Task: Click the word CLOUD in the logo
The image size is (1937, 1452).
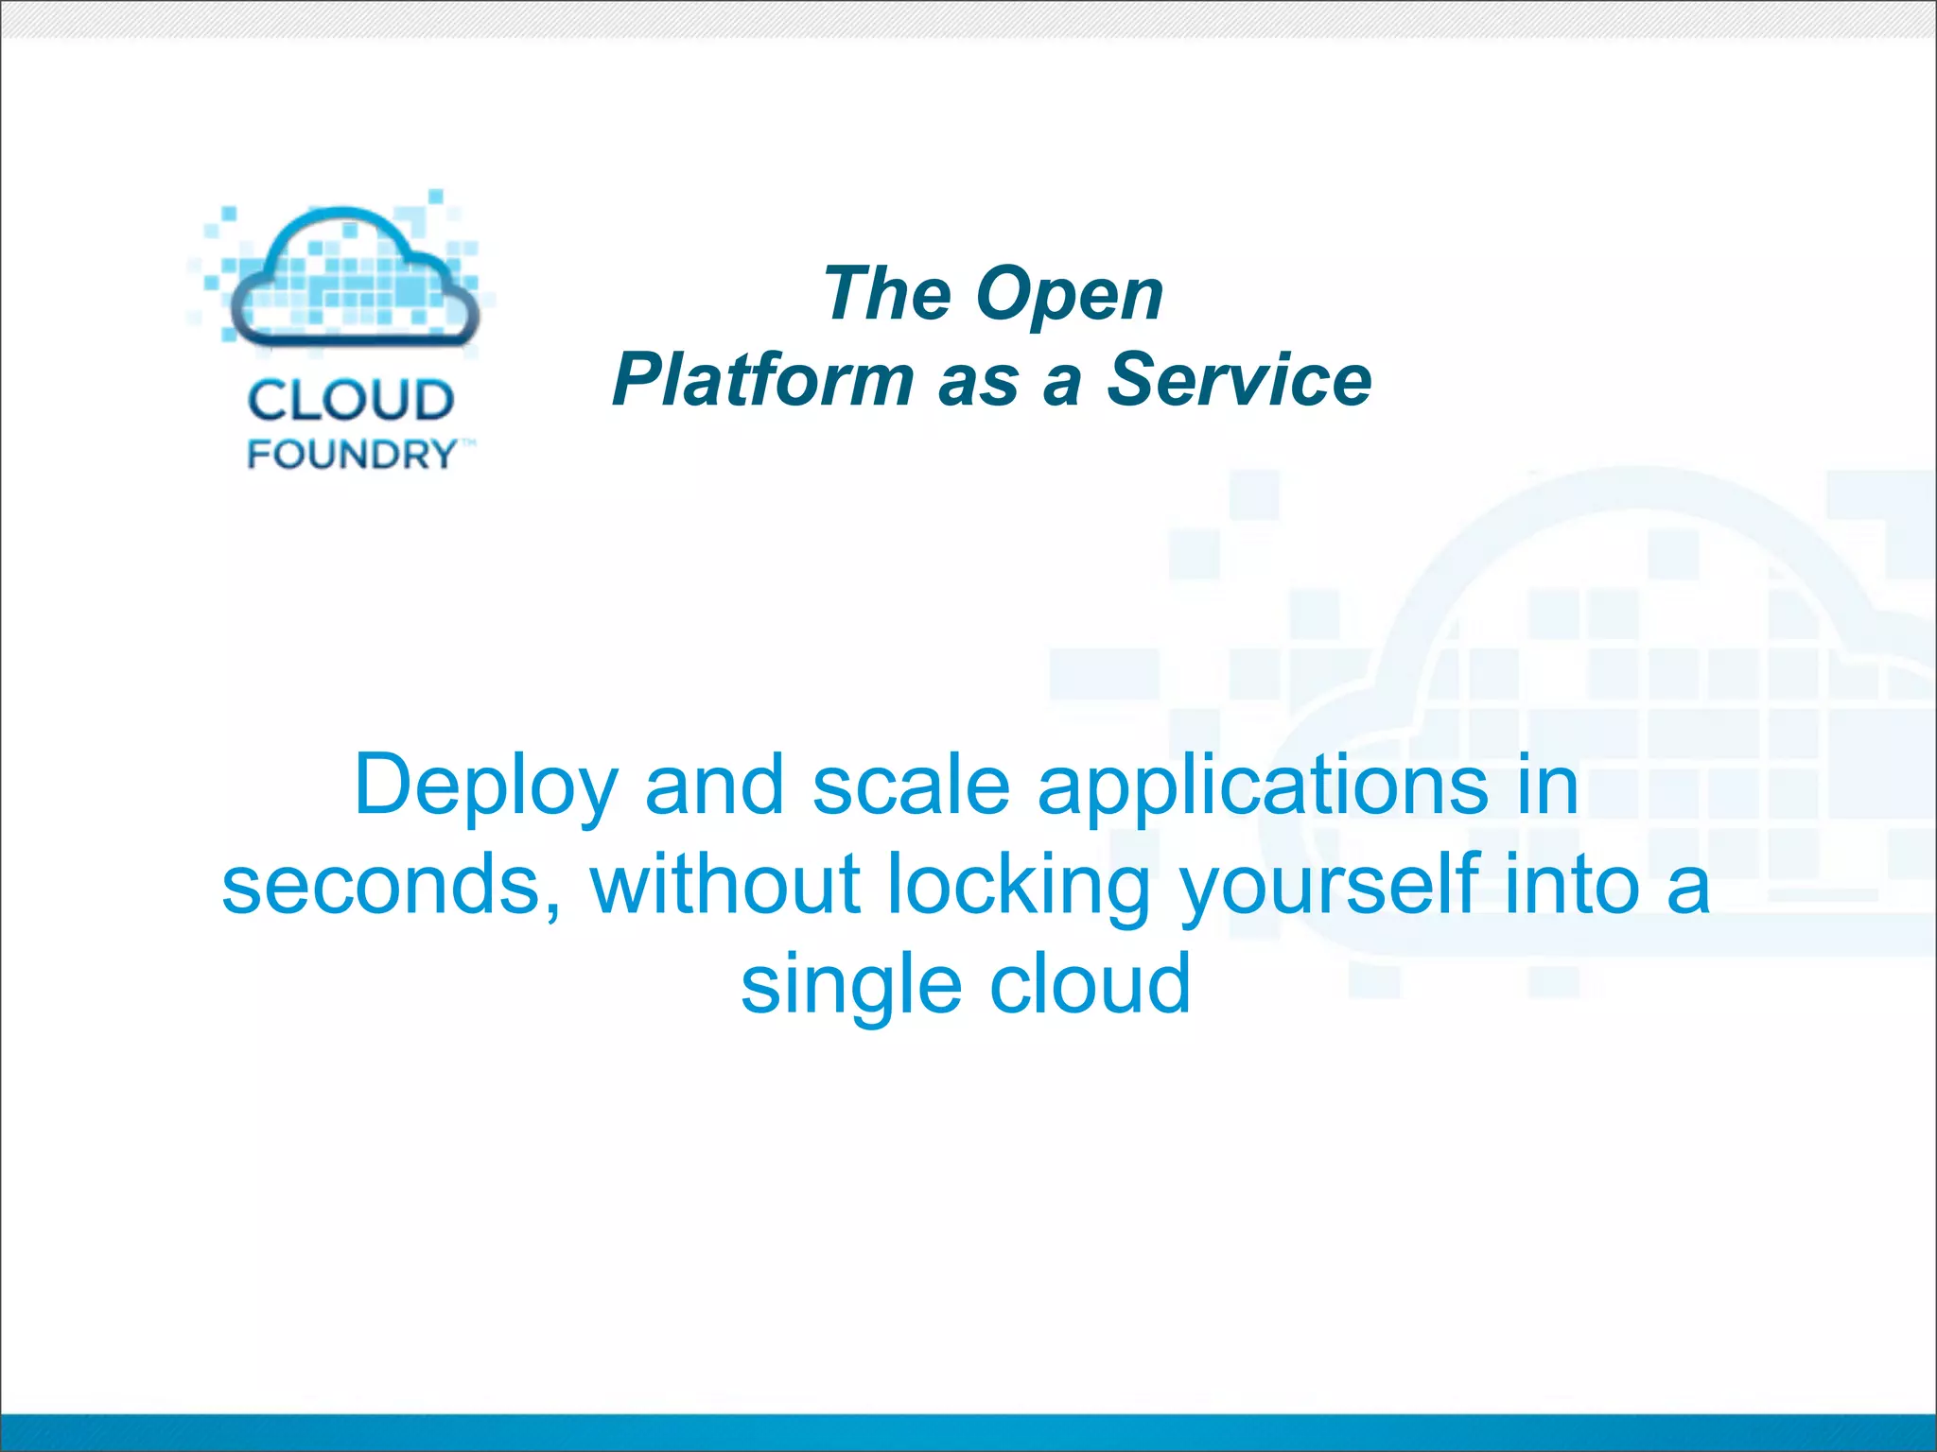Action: [351, 401]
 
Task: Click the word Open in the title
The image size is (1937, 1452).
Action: [1069, 295]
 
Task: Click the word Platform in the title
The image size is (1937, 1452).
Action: [762, 380]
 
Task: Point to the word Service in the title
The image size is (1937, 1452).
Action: [1239, 380]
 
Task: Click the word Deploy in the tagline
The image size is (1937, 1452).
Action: [486, 786]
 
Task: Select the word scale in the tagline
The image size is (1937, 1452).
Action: [911, 786]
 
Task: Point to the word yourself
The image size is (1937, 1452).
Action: [1328, 886]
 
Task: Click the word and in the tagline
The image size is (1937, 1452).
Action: [714, 786]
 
